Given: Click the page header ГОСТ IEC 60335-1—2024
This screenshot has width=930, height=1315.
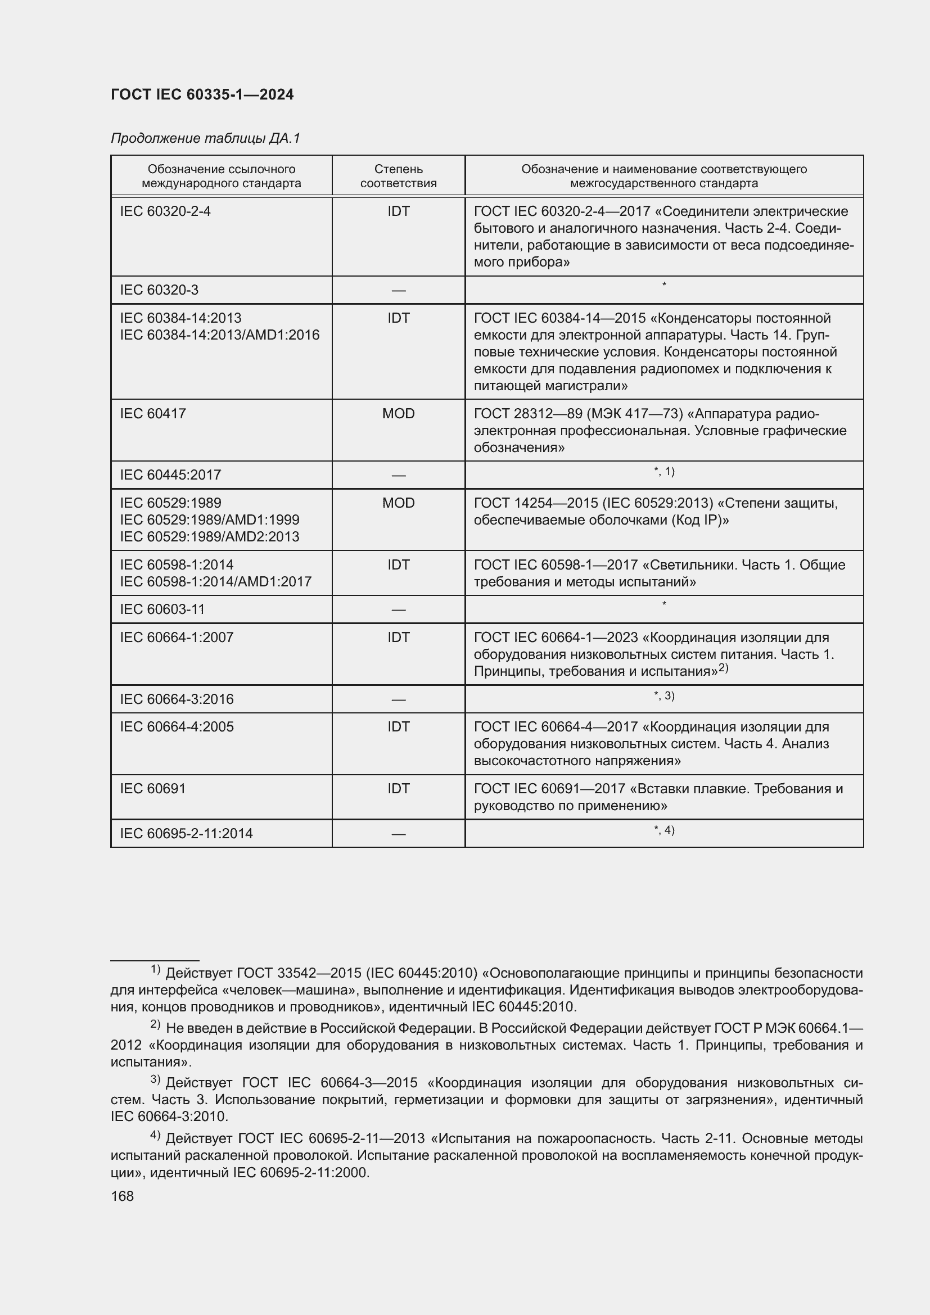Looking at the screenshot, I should point(202,94).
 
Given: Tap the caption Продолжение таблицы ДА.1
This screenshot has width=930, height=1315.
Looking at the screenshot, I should point(205,138).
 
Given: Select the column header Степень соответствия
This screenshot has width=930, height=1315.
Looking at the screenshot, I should point(398,176).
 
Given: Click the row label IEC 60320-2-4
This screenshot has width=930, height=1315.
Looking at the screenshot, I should point(165,211).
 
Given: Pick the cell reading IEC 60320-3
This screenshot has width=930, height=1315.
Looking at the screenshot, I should point(159,290).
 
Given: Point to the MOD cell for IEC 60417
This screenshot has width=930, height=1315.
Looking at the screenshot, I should point(398,414).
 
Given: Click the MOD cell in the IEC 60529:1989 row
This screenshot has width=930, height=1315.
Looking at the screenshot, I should point(398,503).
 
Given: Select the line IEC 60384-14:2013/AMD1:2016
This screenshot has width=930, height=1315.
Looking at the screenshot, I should point(219,335).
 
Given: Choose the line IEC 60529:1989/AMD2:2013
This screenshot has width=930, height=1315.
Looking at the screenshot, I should point(210,537).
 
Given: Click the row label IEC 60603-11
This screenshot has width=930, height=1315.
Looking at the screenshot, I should point(162,609).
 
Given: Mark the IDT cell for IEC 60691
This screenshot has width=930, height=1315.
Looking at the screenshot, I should point(398,789).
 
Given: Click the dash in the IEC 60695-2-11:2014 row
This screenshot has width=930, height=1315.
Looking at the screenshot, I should point(398,834).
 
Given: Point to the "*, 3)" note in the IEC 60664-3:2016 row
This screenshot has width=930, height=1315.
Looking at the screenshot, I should point(663,696).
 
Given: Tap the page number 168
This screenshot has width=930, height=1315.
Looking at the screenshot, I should point(122,1196).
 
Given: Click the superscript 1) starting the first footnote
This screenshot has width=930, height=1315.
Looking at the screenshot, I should point(155,969).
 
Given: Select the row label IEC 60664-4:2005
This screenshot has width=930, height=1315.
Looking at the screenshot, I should point(177,727).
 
